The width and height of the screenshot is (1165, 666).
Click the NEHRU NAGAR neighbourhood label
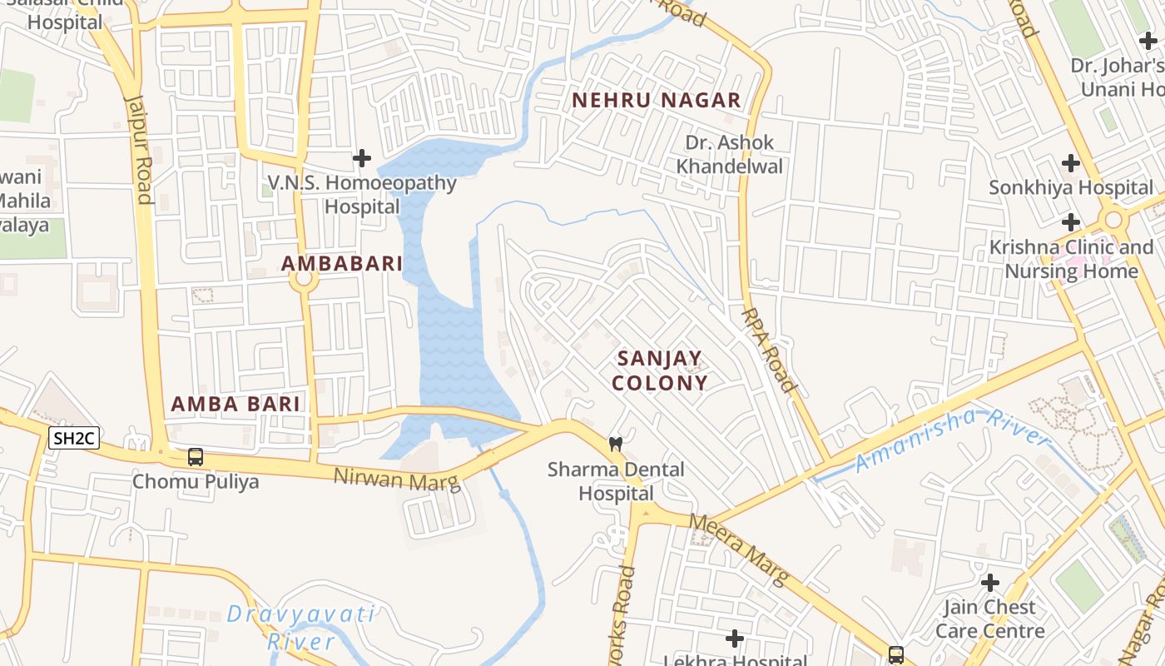point(657,101)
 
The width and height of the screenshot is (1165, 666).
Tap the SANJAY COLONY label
point(662,370)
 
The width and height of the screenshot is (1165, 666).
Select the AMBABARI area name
point(342,264)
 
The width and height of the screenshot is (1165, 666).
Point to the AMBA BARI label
point(235,405)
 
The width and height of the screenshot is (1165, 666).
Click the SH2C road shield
point(74,439)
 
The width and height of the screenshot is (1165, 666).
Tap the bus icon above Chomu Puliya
point(196,456)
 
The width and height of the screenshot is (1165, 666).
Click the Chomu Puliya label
point(196,481)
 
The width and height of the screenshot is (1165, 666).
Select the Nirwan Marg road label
point(397,480)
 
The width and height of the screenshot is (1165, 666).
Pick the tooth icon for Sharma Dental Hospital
point(616,444)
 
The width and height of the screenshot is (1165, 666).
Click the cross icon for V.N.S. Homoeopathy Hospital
point(362,157)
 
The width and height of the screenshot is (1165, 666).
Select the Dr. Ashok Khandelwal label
point(730,154)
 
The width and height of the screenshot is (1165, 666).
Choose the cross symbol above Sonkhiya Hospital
point(1071,162)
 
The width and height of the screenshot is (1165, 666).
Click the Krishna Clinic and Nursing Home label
point(1071,259)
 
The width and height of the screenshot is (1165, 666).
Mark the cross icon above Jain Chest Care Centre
point(989,582)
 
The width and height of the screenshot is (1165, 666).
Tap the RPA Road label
point(768,349)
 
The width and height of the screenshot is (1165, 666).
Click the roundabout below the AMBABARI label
point(304,281)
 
